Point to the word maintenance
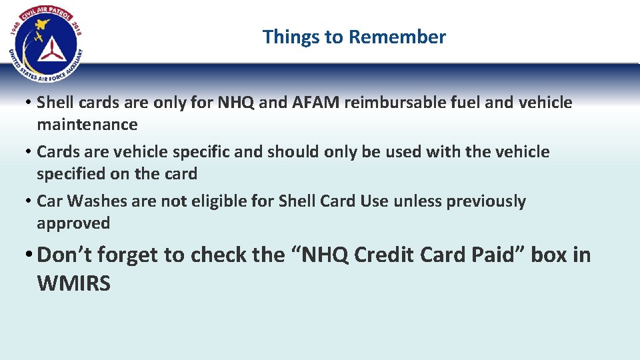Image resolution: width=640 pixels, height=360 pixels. (x=87, y=125)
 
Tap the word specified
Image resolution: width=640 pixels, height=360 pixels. (x=73, y=174)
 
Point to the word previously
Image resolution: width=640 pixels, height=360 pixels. (x=485, y=201)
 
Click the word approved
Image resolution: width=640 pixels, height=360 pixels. (x=73, y=223)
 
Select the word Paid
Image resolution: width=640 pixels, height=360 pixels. (x=498, y=255)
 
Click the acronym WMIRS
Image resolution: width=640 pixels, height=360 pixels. (x=73, y=283)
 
